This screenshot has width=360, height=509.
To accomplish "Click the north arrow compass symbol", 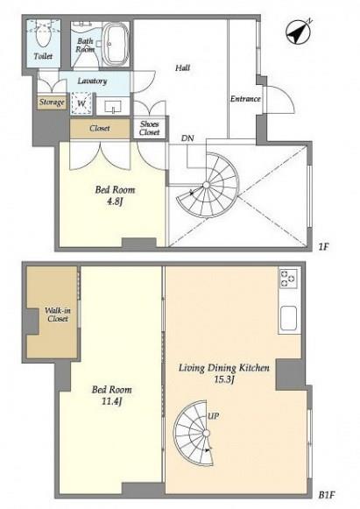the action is [x=298, y=32].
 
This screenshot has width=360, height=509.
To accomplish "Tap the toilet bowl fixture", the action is [x=43, y=35].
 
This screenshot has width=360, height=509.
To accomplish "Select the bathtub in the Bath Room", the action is [x=116, y=45].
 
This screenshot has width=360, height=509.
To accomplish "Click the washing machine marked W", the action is [x=81, y=103].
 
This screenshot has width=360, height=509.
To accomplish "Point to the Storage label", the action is [x=52, y=103].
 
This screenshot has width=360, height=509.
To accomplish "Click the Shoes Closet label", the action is [x=150, y=128].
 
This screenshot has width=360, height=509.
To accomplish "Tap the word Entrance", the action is [x=245, y=99].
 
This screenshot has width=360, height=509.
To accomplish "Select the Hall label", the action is [x=183, y=67].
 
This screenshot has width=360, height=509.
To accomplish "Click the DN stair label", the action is [x=187, y=138].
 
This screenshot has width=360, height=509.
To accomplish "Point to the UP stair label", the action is [x=213, y=416].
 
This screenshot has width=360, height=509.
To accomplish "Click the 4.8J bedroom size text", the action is [x=115, y=201].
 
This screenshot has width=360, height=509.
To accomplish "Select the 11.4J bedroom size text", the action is [x=111, y=401].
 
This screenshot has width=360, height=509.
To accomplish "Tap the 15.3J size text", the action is [x=224, y=379].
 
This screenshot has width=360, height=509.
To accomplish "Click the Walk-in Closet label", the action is [x=58, y=315].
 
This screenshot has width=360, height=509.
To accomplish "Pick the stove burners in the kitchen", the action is [x=288, y=279].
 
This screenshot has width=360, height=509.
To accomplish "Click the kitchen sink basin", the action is [x=288, y=318].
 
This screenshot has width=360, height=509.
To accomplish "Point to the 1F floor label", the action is [x=323, y=247].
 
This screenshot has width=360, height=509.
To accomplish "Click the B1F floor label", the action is [x=327, y=495].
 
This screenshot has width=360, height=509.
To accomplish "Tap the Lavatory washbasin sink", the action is [x=113, y=106].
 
